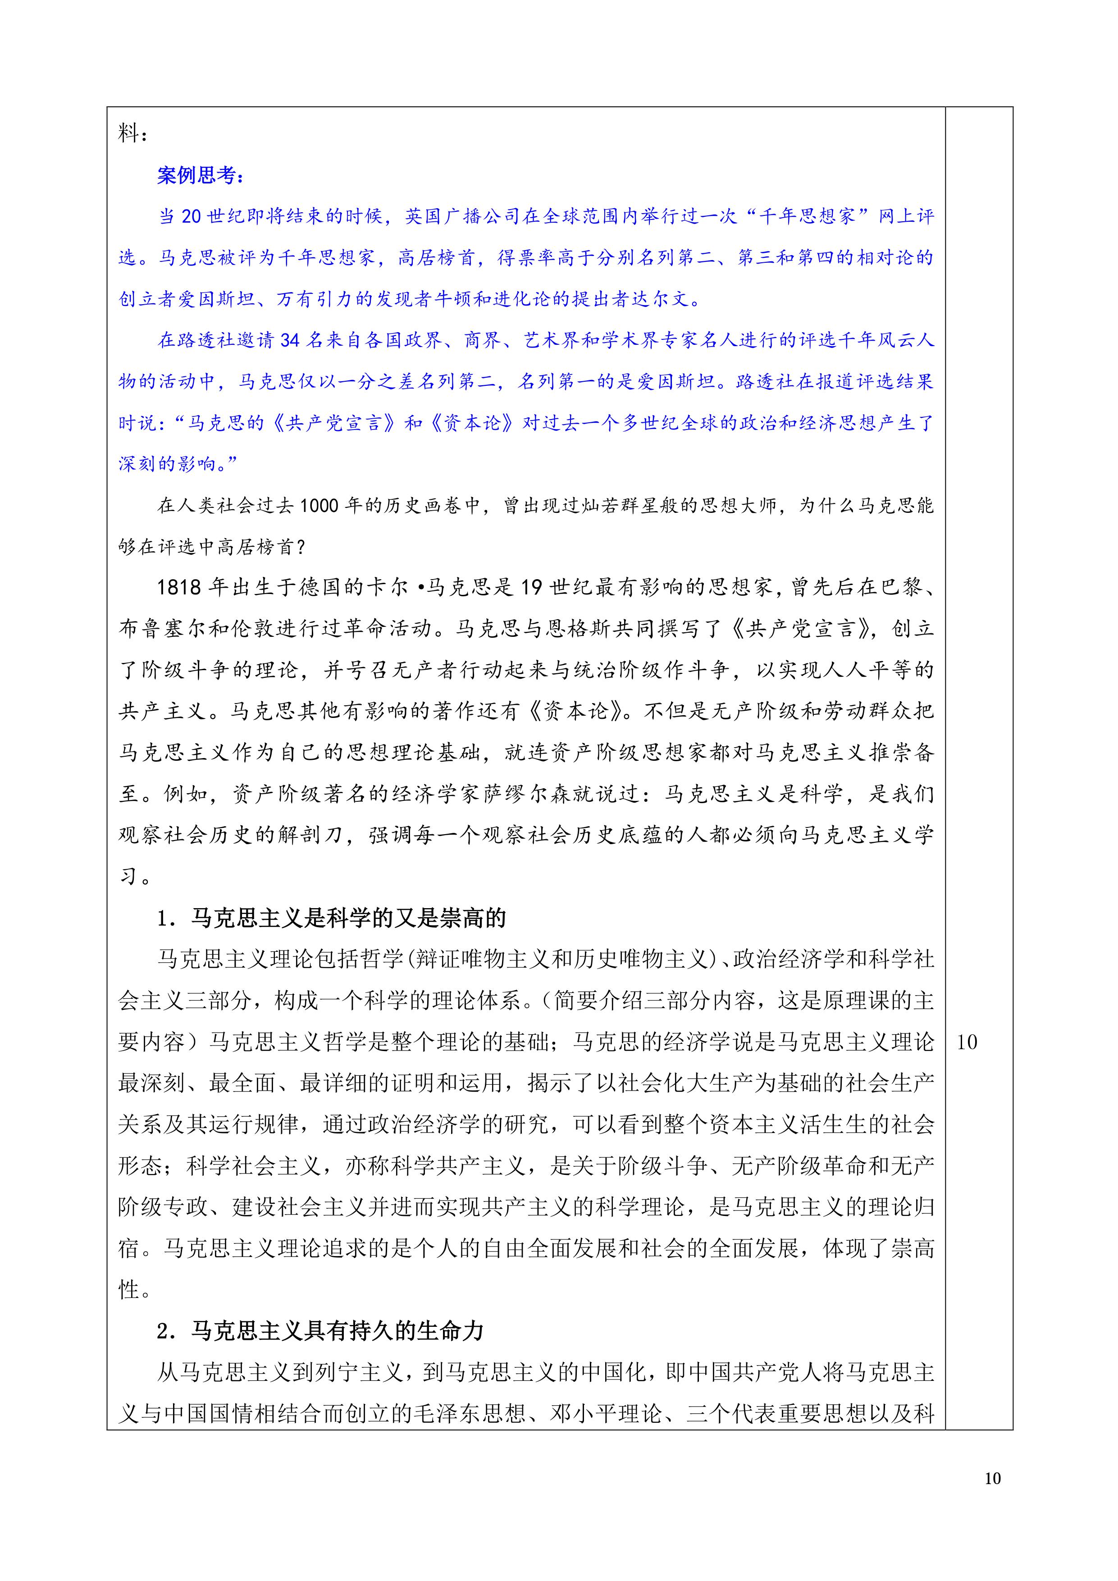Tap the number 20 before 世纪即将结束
191,217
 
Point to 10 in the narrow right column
967,1042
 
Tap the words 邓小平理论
606,1414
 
